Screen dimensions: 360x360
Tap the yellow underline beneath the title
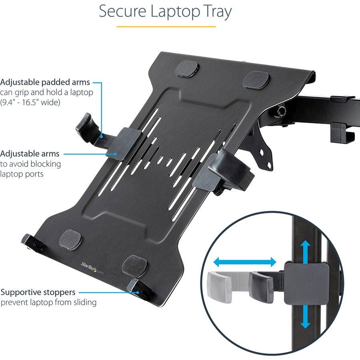tap(166, 26)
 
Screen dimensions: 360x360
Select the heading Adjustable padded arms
tap(45, 82)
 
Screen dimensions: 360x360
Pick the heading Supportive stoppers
tap(38, 292)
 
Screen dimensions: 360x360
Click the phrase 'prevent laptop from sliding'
tap(48, 302)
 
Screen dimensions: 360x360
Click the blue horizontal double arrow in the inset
tap(244, 262)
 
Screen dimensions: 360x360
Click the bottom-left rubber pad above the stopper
tap(71, 238)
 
